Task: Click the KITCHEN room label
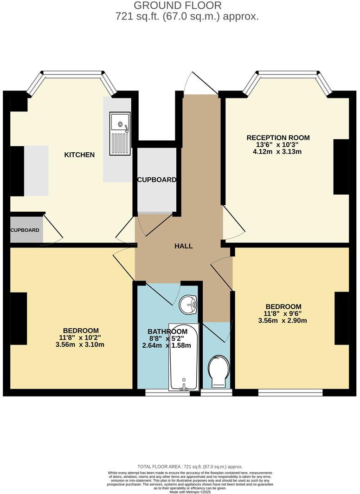(x=79, y=155)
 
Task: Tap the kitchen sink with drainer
(x=120, y=133)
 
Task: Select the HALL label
(x=184, y=246)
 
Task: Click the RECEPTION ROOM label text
(x=278, y=138)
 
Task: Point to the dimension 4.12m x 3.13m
(x=278, y=152)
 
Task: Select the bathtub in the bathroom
(x=184, y=357)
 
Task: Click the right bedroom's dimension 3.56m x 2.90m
(x=283, y=320)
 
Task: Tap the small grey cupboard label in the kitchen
(x=25, y=230)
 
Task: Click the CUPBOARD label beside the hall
(x=156, y=180)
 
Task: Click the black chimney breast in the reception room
(x=341, y=167)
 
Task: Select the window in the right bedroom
(x=290, y=393)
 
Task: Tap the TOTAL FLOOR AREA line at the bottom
(x=190, y=467)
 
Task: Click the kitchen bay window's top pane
(x=71, y=73)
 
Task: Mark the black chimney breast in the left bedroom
(x=19, y=318)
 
